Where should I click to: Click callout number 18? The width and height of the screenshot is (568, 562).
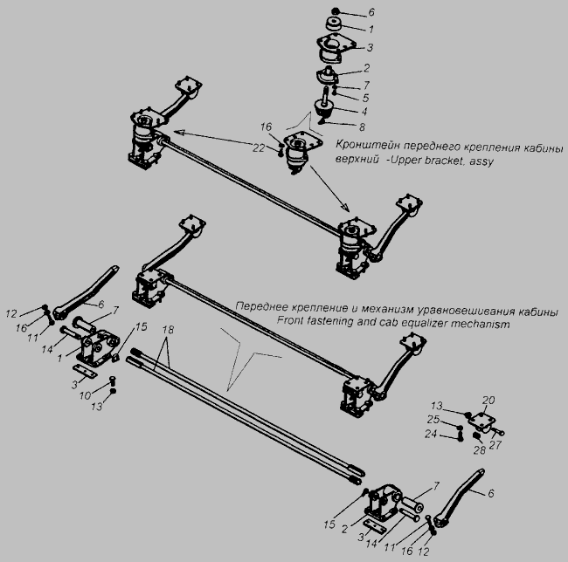[x=168, y=330]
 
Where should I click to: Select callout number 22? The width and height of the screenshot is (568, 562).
[x=259, y=147]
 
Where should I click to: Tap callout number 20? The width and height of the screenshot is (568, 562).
[x=488, y=400]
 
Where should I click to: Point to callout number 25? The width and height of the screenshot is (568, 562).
[x=433, y=420]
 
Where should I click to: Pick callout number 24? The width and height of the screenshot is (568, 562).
[x=431, y=434]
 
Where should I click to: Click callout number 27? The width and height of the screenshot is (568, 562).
[x=495, y=444]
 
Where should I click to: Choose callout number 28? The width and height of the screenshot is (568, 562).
[x=479, y=450]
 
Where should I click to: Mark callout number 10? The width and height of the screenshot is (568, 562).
[x=85, y=395]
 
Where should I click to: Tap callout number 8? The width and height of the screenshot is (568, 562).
[x=362, y=127]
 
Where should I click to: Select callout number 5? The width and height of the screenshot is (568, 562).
[x=365, y=98]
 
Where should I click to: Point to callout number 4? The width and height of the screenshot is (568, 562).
[x=364, y=112]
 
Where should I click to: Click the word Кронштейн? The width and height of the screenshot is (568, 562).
[x=368, y=145]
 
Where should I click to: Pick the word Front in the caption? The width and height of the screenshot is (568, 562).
[x=290, y=320]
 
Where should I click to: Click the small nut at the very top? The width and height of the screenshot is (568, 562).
[x=336, y=11]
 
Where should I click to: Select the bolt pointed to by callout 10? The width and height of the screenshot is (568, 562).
[x=113, y=380]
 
